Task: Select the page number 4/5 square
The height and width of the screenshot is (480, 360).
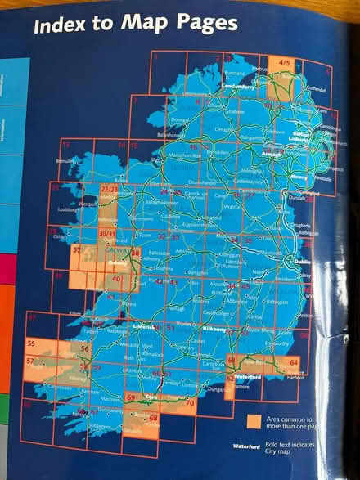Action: coord(284,61)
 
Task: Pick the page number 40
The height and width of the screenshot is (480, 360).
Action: coord(117,279)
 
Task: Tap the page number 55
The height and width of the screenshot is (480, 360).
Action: coord(31,343)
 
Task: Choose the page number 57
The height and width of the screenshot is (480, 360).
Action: coord(29,361)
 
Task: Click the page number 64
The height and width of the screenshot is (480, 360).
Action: coord(293,361)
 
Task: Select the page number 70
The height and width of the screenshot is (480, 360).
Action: coord(189,404)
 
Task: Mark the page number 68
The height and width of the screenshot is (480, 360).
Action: coord(154,419)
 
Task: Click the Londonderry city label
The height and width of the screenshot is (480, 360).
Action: coord(239,86)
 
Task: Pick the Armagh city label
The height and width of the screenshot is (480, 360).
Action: coord(274,152)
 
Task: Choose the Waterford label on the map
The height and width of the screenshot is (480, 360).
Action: coord(248,376)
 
